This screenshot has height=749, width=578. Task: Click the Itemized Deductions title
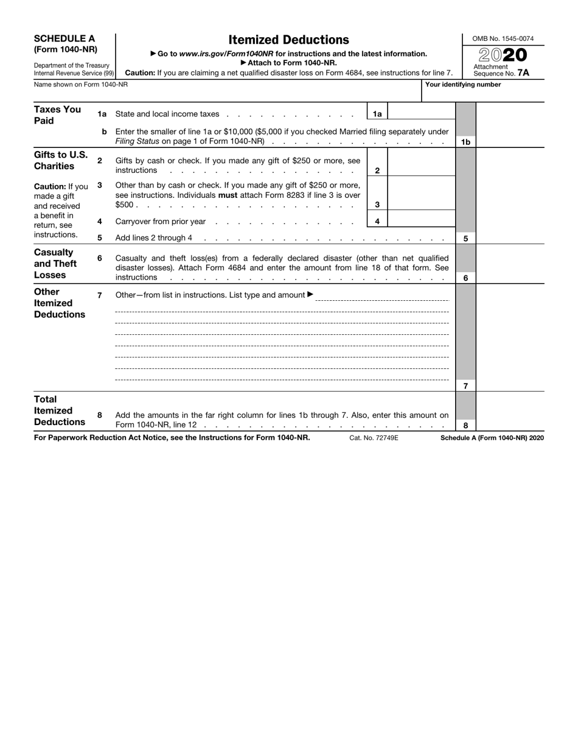tap(288, 40)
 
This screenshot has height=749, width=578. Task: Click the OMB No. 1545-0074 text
tap(503, 39)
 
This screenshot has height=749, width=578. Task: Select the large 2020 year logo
tap(503, 55)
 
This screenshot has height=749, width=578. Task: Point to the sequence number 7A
tap(523, 73)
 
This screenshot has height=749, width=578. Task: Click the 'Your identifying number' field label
tap(463, 85)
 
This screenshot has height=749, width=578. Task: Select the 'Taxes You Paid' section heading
tap(57, 115)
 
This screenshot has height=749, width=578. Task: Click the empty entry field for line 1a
tap(420, 114)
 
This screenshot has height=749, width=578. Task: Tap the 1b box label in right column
tap(465, 142)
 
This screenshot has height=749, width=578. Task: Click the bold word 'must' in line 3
tap(227, 195)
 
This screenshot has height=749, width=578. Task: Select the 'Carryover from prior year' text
tap(161, 222)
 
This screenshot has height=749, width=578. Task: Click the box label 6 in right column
tap(465, 278)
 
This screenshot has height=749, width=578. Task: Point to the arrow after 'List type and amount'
tap(311, 295)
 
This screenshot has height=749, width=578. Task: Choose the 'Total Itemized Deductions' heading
tap(59, 410)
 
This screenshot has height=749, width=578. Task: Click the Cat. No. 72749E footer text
tap(374, 438)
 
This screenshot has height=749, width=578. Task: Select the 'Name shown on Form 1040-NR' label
tap(81, 85)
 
